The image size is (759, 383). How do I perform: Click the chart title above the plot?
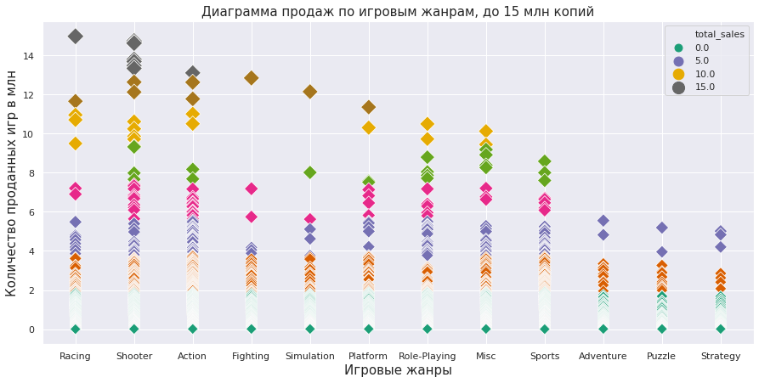click(x=397, y=12)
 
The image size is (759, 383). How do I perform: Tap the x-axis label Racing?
click(x=75, y=356)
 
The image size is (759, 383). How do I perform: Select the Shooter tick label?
click(x=133, y=356)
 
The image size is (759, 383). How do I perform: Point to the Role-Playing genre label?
click(x=427, y=356)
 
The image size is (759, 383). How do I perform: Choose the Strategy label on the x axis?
click(x=720, y=356)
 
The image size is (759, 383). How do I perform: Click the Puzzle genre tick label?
click(x=661, y=356)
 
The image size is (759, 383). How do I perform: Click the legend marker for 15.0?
click(x=677, y=87)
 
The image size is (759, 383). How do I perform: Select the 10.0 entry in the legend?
click(x=705, y=74)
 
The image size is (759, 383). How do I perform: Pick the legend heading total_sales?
click(x=719, y=34)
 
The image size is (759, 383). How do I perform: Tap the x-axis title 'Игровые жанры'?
click(x=398, y=370)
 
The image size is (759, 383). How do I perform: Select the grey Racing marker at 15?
click(x=75, y=37)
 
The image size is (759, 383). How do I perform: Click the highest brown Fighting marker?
click(x=251, y=78)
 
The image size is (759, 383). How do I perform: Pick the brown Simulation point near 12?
click(x=309, y=92)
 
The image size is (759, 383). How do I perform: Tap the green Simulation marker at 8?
click(x=309, y=172)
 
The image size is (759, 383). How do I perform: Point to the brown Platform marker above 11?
click(x=368, y=107)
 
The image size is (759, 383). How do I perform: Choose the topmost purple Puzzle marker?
click(x=661, y=228)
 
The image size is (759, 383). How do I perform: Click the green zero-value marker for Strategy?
click(x=720, y=329)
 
